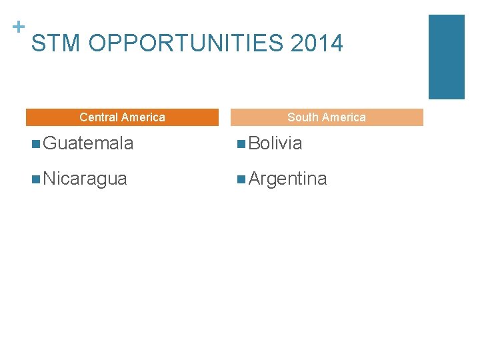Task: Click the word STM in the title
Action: point(57,44)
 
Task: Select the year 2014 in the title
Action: point(317,44)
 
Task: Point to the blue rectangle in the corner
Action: point(446,57)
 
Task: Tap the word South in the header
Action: point(302,117)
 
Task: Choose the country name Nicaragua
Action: point(85,179)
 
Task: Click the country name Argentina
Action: point(287,179)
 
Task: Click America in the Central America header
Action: point(143,117)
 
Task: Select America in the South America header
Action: point(343,117)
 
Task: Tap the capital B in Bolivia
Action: point(254,143)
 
